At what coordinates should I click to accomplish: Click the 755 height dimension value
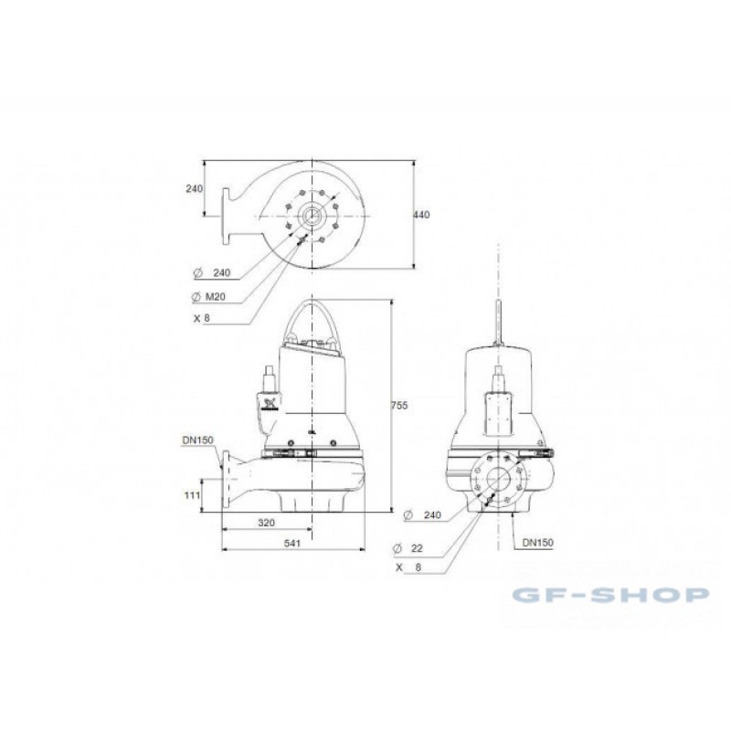pyautogui.click(x=399, y=406)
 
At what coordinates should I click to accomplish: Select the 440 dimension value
pyautogui.click(x=422, y=215)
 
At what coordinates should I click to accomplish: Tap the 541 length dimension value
pyautogui.click(x=292, y=543)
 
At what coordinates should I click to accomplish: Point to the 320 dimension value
pyautogui.click(x=266, y=523)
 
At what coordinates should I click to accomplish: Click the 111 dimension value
pyautogui.click(x=192, y=495)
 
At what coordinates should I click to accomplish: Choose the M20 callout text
pyautogui.click(x=216, y=296)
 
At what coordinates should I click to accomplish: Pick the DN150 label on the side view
pyautogui.click(x=197, y=440)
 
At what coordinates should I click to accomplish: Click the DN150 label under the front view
pyautogui.click(x=537, y=543)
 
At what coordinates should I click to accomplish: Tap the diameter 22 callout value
pyautogui.click(x=417, y=548)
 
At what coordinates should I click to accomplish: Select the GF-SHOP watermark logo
pyautogui.click(x=610, y=595)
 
